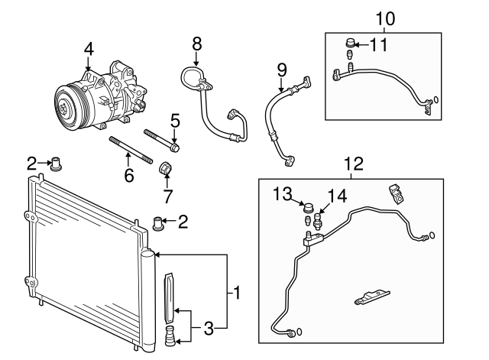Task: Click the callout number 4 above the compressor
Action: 89,48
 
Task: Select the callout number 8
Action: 196,43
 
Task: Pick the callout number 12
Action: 351,163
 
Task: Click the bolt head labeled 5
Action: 175,144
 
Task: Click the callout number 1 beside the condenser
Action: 238,291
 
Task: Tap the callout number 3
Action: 209,329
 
